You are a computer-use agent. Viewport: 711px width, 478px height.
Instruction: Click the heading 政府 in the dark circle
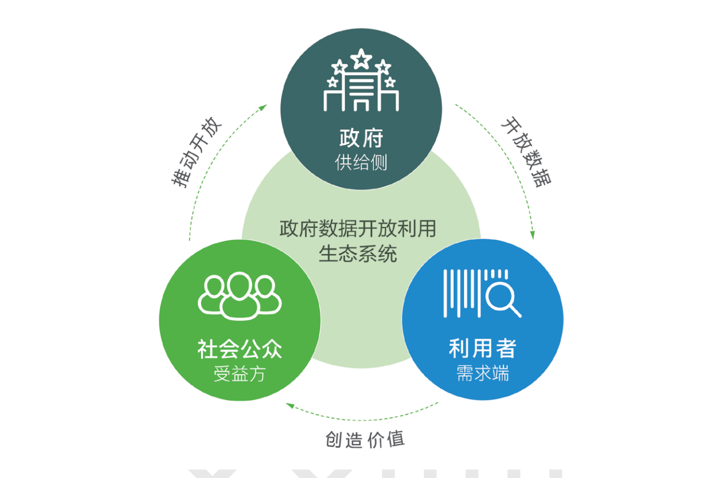(x=361, y=138)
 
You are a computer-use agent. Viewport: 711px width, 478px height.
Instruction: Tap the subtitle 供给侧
(x=361, y=163)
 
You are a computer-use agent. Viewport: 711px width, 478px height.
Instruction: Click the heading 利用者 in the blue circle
(x=482, y=349)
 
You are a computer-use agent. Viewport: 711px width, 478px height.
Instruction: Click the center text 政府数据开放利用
(x=358, y=229)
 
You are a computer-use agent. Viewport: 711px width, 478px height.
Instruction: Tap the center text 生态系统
(x=358, y=253)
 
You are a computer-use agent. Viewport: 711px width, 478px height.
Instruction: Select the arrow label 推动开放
(x=197, y=153)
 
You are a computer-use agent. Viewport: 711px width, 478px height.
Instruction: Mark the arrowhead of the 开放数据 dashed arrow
(x=532, y=235)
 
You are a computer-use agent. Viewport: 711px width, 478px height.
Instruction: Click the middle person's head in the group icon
(x=240, y=285)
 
